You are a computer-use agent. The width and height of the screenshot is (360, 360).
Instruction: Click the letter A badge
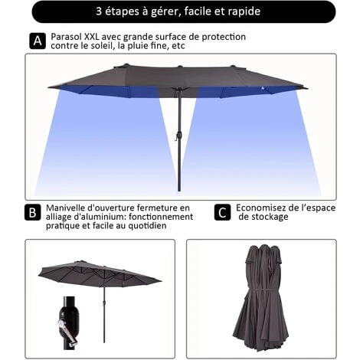tap(37, 41)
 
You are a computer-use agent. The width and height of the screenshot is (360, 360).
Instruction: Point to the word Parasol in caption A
tap(67, 36)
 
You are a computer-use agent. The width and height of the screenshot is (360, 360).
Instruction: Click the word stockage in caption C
tap(269, 217)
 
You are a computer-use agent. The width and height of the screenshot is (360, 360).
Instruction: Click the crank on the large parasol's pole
tap(175, 136)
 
